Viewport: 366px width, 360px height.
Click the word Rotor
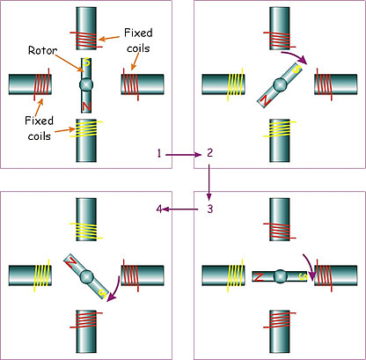[42, 50]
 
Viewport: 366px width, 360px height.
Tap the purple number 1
[159, 153]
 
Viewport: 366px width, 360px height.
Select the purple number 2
[209, 153]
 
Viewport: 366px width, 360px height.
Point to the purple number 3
[209, 209]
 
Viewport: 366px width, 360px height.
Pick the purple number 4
[159, 209]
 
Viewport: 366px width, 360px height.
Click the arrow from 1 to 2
[183, 155]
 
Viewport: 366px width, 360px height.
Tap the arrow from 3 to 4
[179, 209]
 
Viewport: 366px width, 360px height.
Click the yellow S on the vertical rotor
[86, 62]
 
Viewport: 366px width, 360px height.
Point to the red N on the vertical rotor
[86, 107]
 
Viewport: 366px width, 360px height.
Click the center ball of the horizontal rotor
[281, 276]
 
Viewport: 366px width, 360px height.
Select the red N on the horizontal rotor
[259, 276]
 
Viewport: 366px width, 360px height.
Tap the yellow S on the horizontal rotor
[303, 276]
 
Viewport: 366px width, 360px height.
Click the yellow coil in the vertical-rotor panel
[86, 129]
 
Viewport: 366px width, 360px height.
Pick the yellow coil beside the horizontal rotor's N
[235, 276]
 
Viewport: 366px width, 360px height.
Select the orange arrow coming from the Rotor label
[70, 63]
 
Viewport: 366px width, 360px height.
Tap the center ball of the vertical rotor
[86, 84]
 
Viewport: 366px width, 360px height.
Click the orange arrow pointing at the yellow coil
[64, 129]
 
